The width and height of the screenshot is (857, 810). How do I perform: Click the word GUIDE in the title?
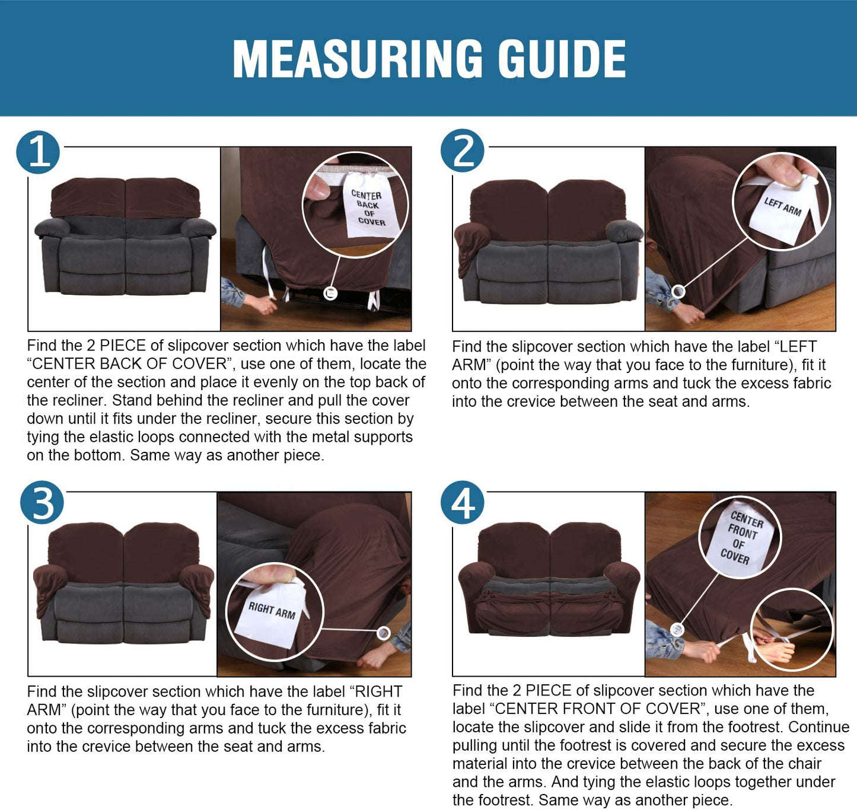point(562,59)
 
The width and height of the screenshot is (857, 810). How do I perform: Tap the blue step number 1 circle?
point(38,152)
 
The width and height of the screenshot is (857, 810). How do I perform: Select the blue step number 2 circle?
point(462,151)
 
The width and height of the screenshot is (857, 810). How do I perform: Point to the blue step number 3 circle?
point(42,502)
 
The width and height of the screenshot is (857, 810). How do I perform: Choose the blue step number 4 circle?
point(462,502)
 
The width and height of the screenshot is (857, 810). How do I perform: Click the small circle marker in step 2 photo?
point(678,292)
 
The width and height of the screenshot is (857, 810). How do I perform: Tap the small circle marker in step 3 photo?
point(384,633)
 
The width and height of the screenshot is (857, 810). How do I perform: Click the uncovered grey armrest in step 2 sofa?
point(625,231)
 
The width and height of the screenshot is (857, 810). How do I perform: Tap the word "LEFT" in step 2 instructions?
point(798,346)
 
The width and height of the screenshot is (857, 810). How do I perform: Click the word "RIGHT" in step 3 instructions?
point(379,691)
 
